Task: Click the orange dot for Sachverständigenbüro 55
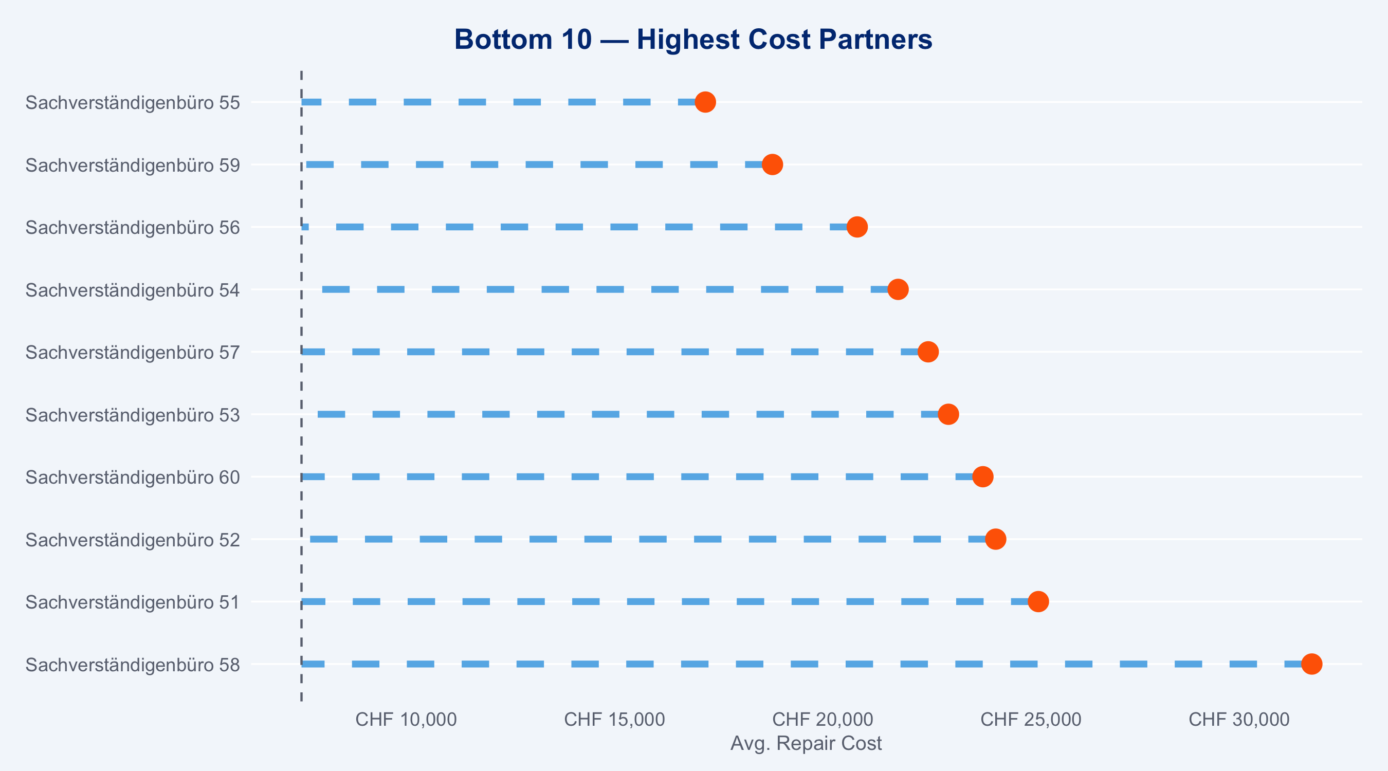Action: pyautogui.click(x=705, y=102)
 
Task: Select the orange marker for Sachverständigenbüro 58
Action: pyautogui.click(x=1311, y=664)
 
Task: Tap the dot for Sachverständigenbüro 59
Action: pyautogui.click(x=772, y=164)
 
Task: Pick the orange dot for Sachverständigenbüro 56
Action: pyautogui.click(x=857, y=227)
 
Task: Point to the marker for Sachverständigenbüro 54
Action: pyautogui.click(x=898, y=289)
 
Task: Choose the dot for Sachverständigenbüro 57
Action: pyautogui.click(x=928, y=352)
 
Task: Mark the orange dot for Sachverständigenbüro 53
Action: pyautogui.click(x=948, y=414)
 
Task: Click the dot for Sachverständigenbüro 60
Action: pyautogui.click(x=983, y=477)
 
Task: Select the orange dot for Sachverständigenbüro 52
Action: pyautogui.click(x=996, y=539)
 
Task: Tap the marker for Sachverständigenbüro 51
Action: pyautogui.click(x=1038, y=601)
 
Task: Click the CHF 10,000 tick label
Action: pyautogui.click(x=406, y=719)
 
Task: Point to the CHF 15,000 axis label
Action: pyautogui.click(x=614, y=719)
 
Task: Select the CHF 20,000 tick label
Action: pyautogui.click(x=823, y=719)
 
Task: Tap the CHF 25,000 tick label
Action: pyautogui.click(x=1031, y=719)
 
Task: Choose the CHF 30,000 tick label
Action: pyautogui.click(x=1239, y=719)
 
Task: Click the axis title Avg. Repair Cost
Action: pyautogui.click(x=806, y=744)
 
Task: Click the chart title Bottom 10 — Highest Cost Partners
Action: pyautogui.click(x=693, y=40)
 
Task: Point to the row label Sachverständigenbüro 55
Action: pyautogui.click(x=133, y=102)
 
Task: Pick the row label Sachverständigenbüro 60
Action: pyautogui.click(x=133, y=478)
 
